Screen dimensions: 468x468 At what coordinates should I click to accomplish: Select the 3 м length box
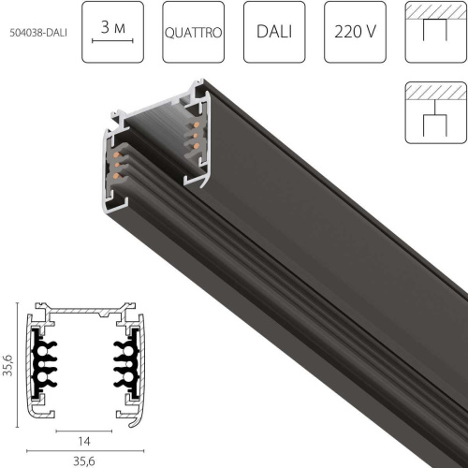click(113, 33)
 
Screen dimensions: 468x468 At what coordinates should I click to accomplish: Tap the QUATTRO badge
click(194, 33)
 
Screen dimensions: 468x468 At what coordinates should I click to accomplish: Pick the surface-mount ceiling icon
click(435, 33)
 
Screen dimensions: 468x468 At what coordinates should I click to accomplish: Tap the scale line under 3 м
click(113, 43)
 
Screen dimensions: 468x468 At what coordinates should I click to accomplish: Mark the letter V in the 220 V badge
click(373, 33)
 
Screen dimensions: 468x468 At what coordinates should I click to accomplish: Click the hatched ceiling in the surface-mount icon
click(435, 8)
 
